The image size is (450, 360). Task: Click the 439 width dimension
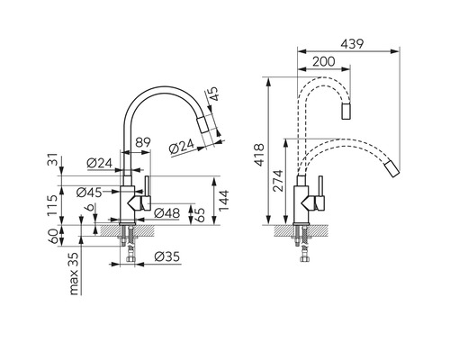[x=352, y=44]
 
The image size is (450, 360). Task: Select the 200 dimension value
[x=324, y=61]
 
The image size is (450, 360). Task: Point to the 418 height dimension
[x=259, y=155]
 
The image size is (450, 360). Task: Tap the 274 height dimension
[x=278, y=181]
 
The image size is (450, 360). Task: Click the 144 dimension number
[x=223, y=201]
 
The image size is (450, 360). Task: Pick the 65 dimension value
[x=200, y=215]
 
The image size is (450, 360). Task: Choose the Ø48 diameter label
[x=167, y=213]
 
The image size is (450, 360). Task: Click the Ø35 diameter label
[x=167, y=256]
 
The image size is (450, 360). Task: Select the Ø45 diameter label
[x=89, y=193]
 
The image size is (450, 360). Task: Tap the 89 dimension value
[x=142, y=142]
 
